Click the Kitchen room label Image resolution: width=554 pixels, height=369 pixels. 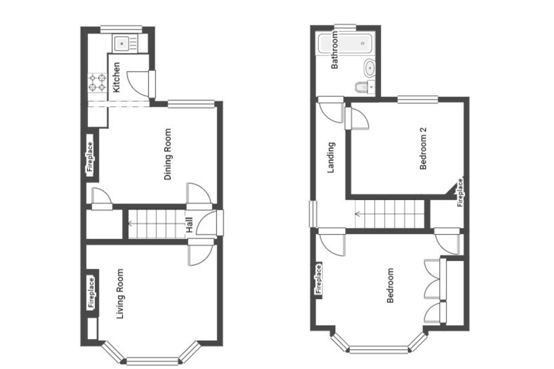point(116,77)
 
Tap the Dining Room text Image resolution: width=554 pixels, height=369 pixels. point(168,154)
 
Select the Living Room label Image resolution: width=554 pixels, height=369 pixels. point(120,294)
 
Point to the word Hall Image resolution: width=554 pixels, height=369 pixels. point(189,225)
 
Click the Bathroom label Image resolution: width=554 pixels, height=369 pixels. point(334,50)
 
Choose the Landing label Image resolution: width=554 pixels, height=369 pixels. point(331,158)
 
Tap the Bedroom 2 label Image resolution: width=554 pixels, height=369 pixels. point(423,148)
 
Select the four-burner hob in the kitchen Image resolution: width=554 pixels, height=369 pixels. point(97,83)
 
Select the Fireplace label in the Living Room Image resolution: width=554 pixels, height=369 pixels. point(91,293)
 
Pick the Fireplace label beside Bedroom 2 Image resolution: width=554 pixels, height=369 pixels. point(460,193)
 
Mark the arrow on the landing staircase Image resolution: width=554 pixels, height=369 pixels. point(358,214)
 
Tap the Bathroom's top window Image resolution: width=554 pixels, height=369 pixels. point(345,26)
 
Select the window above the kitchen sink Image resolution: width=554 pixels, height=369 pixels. point(121,28)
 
